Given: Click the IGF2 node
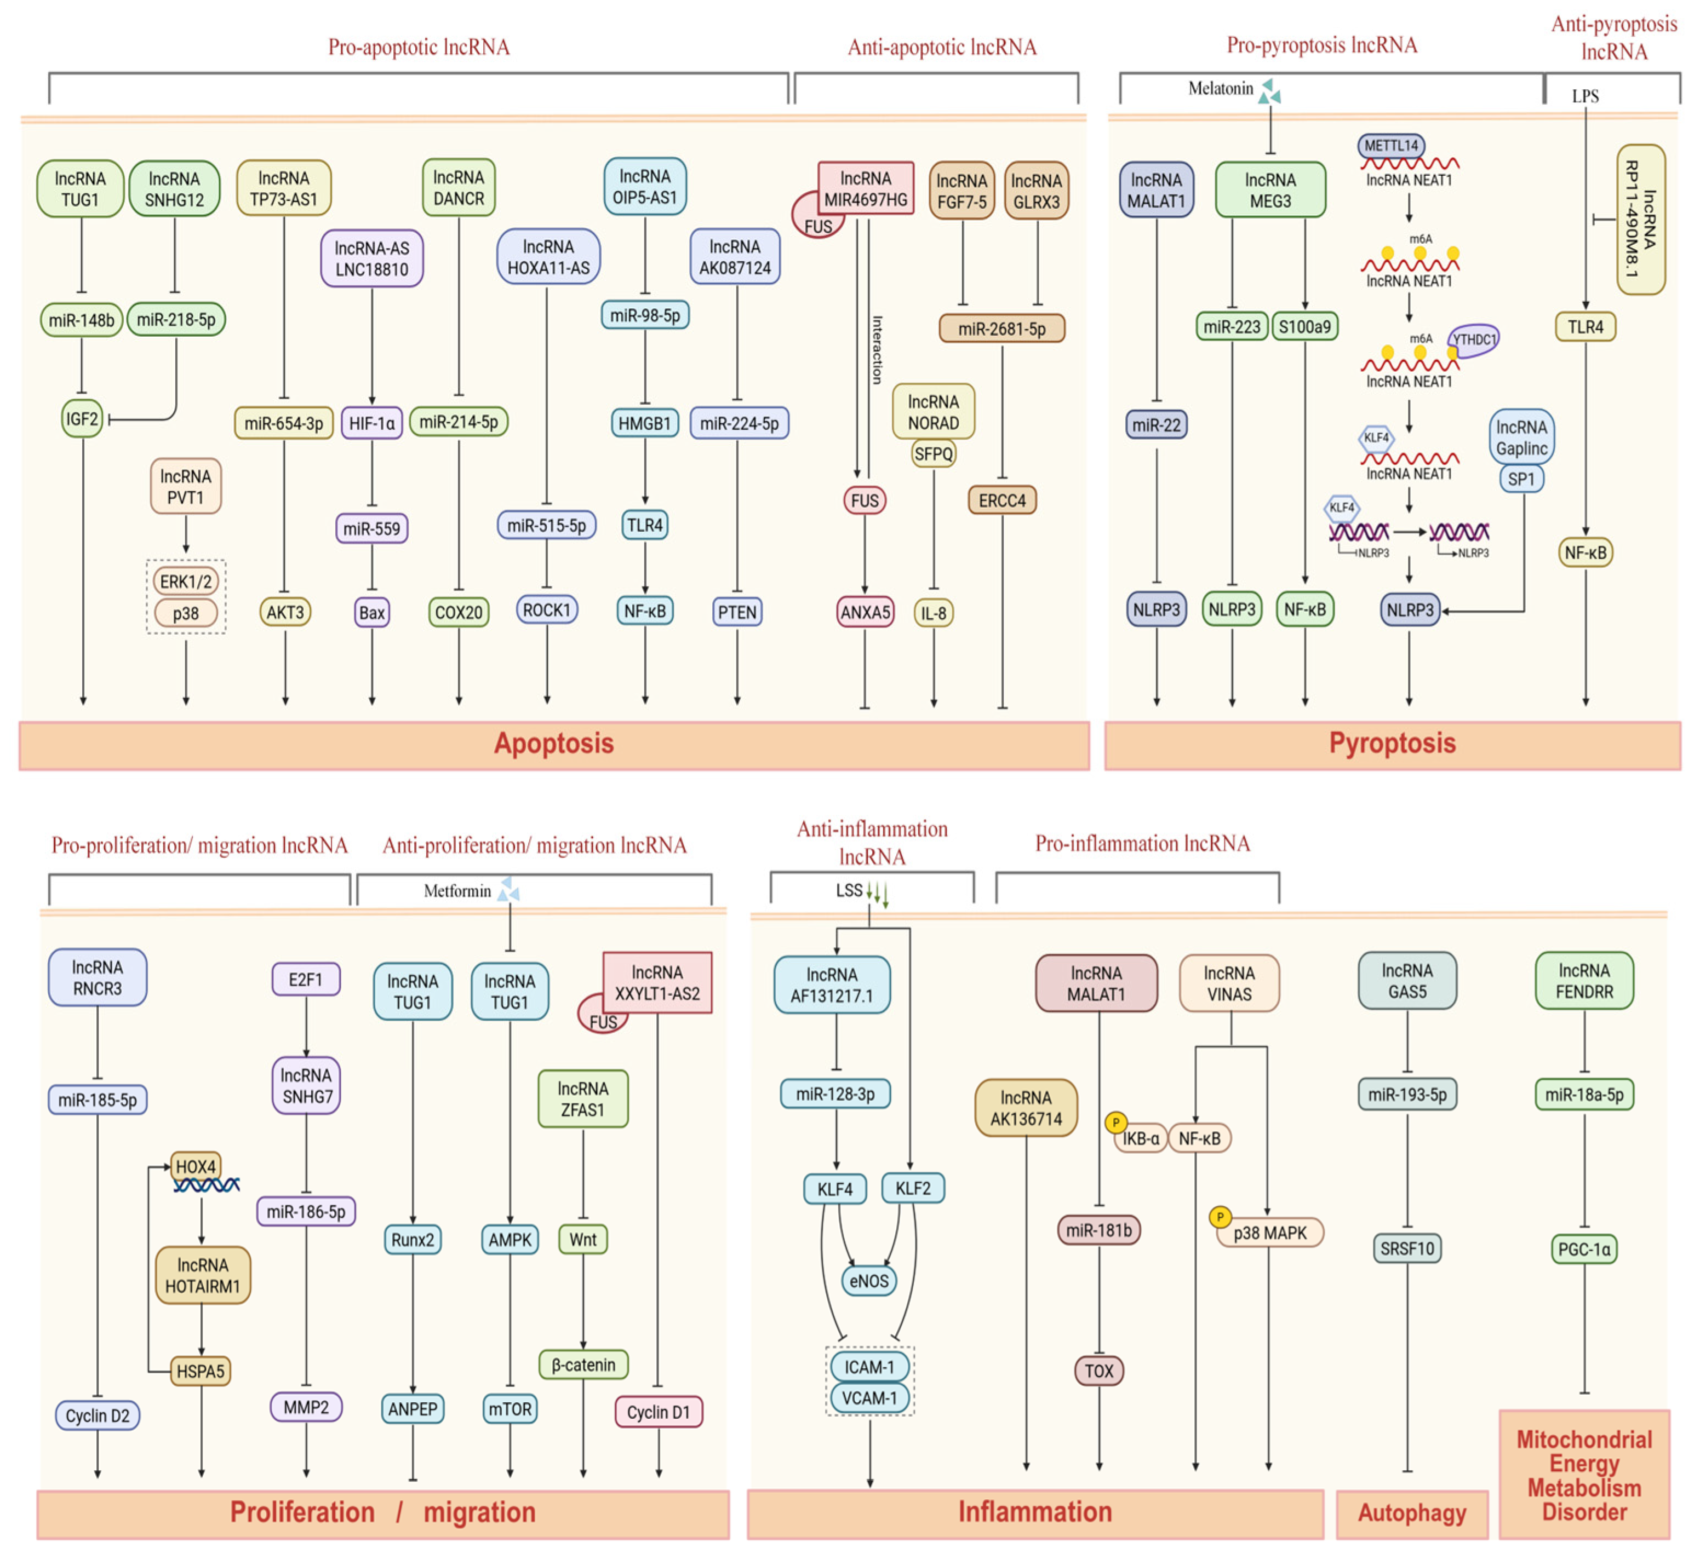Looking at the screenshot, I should [82, 419].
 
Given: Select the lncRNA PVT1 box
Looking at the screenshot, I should [186, 486].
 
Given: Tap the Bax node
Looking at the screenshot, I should [371, 612].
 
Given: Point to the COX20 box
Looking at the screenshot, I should [459, 612].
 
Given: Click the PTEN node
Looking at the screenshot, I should [737, 612].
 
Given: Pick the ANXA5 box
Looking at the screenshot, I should [865, 612].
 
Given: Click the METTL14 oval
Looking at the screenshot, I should [1391, 145].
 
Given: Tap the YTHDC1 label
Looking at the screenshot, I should [1474, 339].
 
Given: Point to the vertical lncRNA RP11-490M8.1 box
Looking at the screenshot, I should [1641, 220].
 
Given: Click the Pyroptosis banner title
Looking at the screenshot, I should [1392, 743].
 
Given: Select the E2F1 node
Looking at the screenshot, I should [306, 979].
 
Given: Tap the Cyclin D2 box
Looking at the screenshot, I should [98, 1415].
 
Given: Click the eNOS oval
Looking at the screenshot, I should [868, 1281].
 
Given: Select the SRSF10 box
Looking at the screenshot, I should [1407, 1248].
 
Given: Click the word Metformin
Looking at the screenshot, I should [457, 890].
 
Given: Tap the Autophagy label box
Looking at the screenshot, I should [1412, 1513].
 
